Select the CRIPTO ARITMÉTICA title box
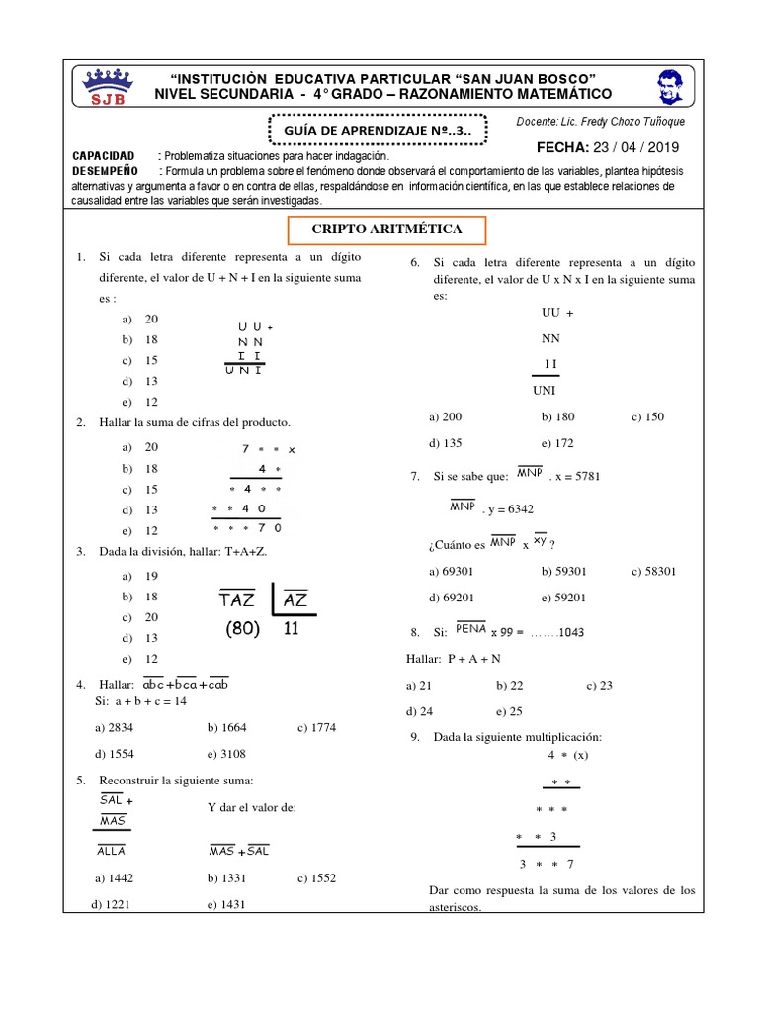[386, 230]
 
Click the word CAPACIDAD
[104, 157]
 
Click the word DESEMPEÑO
[104, 171]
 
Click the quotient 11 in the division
[291, 629]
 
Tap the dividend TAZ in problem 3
[237, 600]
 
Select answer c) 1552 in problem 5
[317, 877]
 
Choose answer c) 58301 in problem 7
[653, 571]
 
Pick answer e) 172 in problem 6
[557, 443]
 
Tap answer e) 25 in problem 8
[510, 711]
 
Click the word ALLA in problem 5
[112, 851]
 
